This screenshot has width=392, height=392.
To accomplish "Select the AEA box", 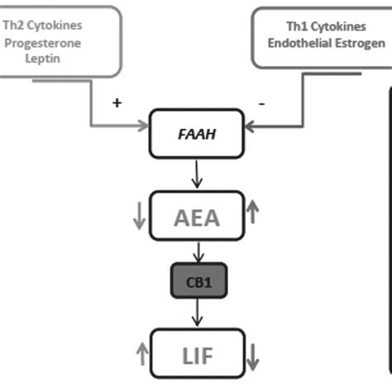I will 197,217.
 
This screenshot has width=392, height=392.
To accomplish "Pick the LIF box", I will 197,355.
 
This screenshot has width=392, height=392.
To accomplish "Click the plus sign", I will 117,103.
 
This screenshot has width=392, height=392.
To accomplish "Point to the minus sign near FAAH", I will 262,103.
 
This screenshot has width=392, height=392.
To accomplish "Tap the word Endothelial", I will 299,44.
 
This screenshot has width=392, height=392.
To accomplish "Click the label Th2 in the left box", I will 15,25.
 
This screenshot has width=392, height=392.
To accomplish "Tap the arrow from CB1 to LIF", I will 197,312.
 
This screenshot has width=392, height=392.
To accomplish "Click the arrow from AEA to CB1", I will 197,251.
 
